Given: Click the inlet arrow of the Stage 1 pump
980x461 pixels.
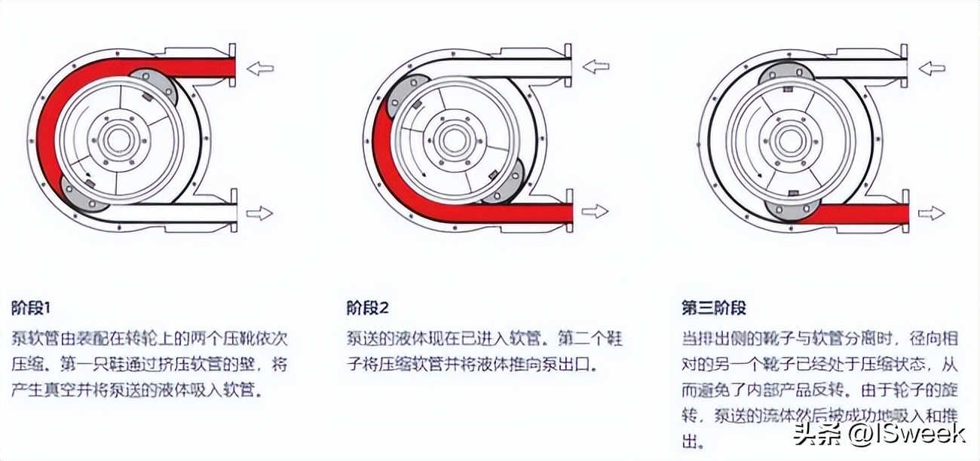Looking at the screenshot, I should (x=260, y=69).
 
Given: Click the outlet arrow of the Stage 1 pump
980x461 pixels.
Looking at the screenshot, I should (x=260, y=213).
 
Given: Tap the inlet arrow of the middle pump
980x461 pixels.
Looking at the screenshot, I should (x=595, y=66).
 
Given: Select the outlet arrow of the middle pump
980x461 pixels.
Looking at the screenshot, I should (x=595, y=211).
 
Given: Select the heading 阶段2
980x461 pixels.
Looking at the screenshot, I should (x=367, y=308).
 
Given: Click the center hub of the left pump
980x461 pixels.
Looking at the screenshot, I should (x=118, y=141).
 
